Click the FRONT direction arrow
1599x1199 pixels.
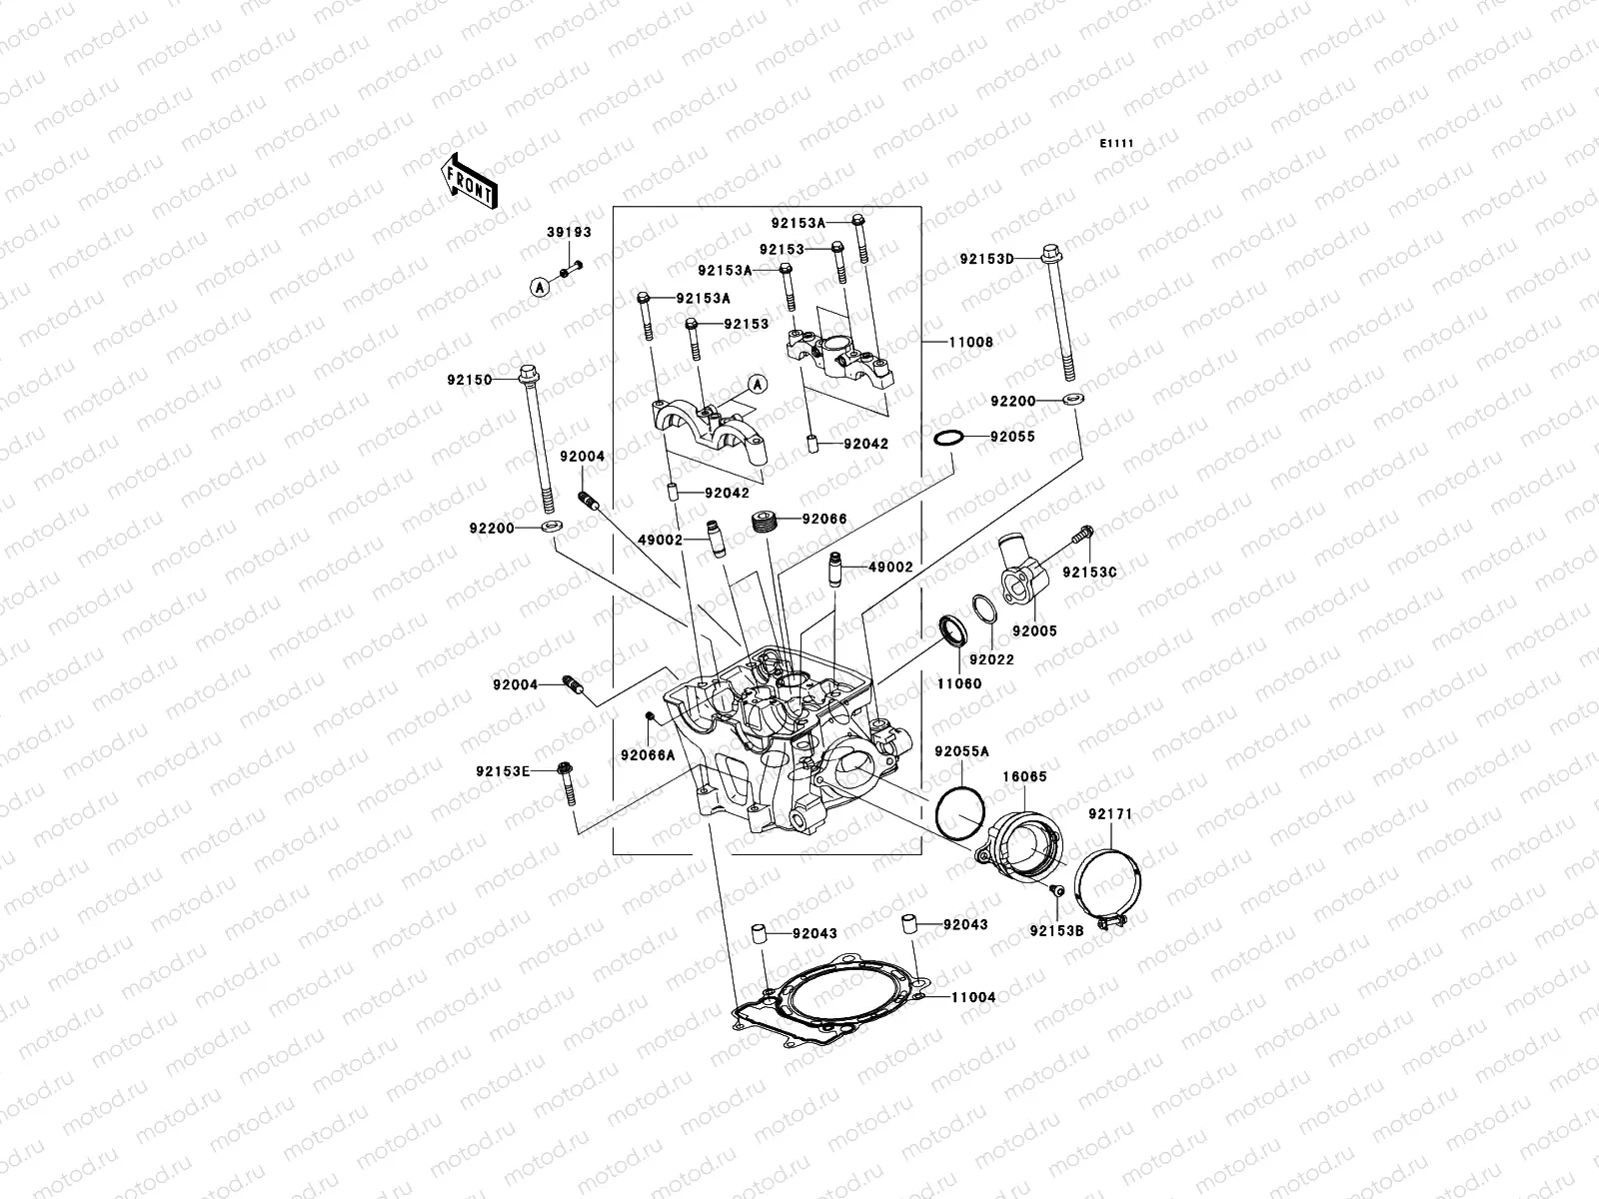pyautogui.click(x=469, y=181)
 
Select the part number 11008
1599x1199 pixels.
pyautogui.click(x=970, y=342)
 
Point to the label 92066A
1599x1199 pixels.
pyautogui.click(x=647, y=754)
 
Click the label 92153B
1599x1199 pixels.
pyautogui.click(x=1056, y=931)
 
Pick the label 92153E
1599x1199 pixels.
pyautogui.click(x=503, y=770)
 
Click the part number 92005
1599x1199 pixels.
pyautogui.click(x=1033, y=631)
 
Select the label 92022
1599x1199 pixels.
pyautogui.click(x=991, y=659)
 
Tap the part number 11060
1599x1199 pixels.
pyautogui.click(x=958, y=683)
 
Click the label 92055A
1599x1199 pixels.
pyautogui.click(x=961, y=751)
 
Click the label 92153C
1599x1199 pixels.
pyautogui.click(x=1088, y=573)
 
